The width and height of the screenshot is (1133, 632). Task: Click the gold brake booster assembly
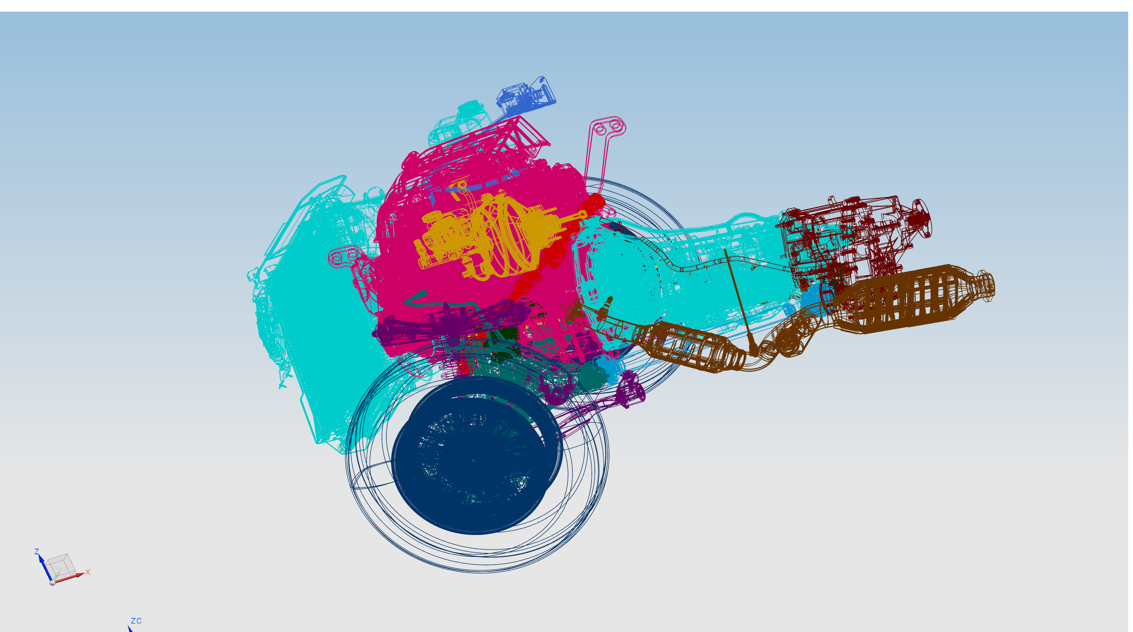(488, 238)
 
